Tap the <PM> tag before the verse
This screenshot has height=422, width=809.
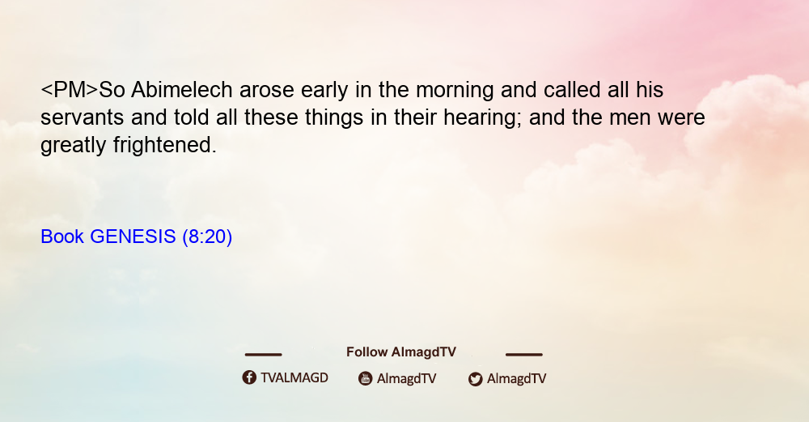coord(69,90)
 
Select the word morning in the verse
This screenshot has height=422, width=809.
coord(455,91)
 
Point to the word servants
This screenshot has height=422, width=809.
coord(82,117)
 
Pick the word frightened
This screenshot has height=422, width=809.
coord(164,145)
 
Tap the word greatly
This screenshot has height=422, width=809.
coord(74,146)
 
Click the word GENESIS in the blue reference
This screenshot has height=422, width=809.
coord(133,237)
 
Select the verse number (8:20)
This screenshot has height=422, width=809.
coord(207,237)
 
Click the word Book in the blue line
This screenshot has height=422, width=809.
coord(62,237)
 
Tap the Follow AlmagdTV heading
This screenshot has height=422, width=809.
coord(401,352)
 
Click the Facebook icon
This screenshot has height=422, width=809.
coord(249,377)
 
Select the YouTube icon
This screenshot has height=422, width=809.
coord(366,378)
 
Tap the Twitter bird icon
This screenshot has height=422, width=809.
coord(475,379)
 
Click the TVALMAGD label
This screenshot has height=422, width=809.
coord(294,377)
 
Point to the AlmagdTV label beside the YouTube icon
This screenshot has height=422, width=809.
coord(407,378)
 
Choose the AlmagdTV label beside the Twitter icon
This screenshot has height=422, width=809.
coord(516,378)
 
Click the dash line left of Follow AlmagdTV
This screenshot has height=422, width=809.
coord(263,355)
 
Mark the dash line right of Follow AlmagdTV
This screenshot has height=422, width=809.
coord(523,355)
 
